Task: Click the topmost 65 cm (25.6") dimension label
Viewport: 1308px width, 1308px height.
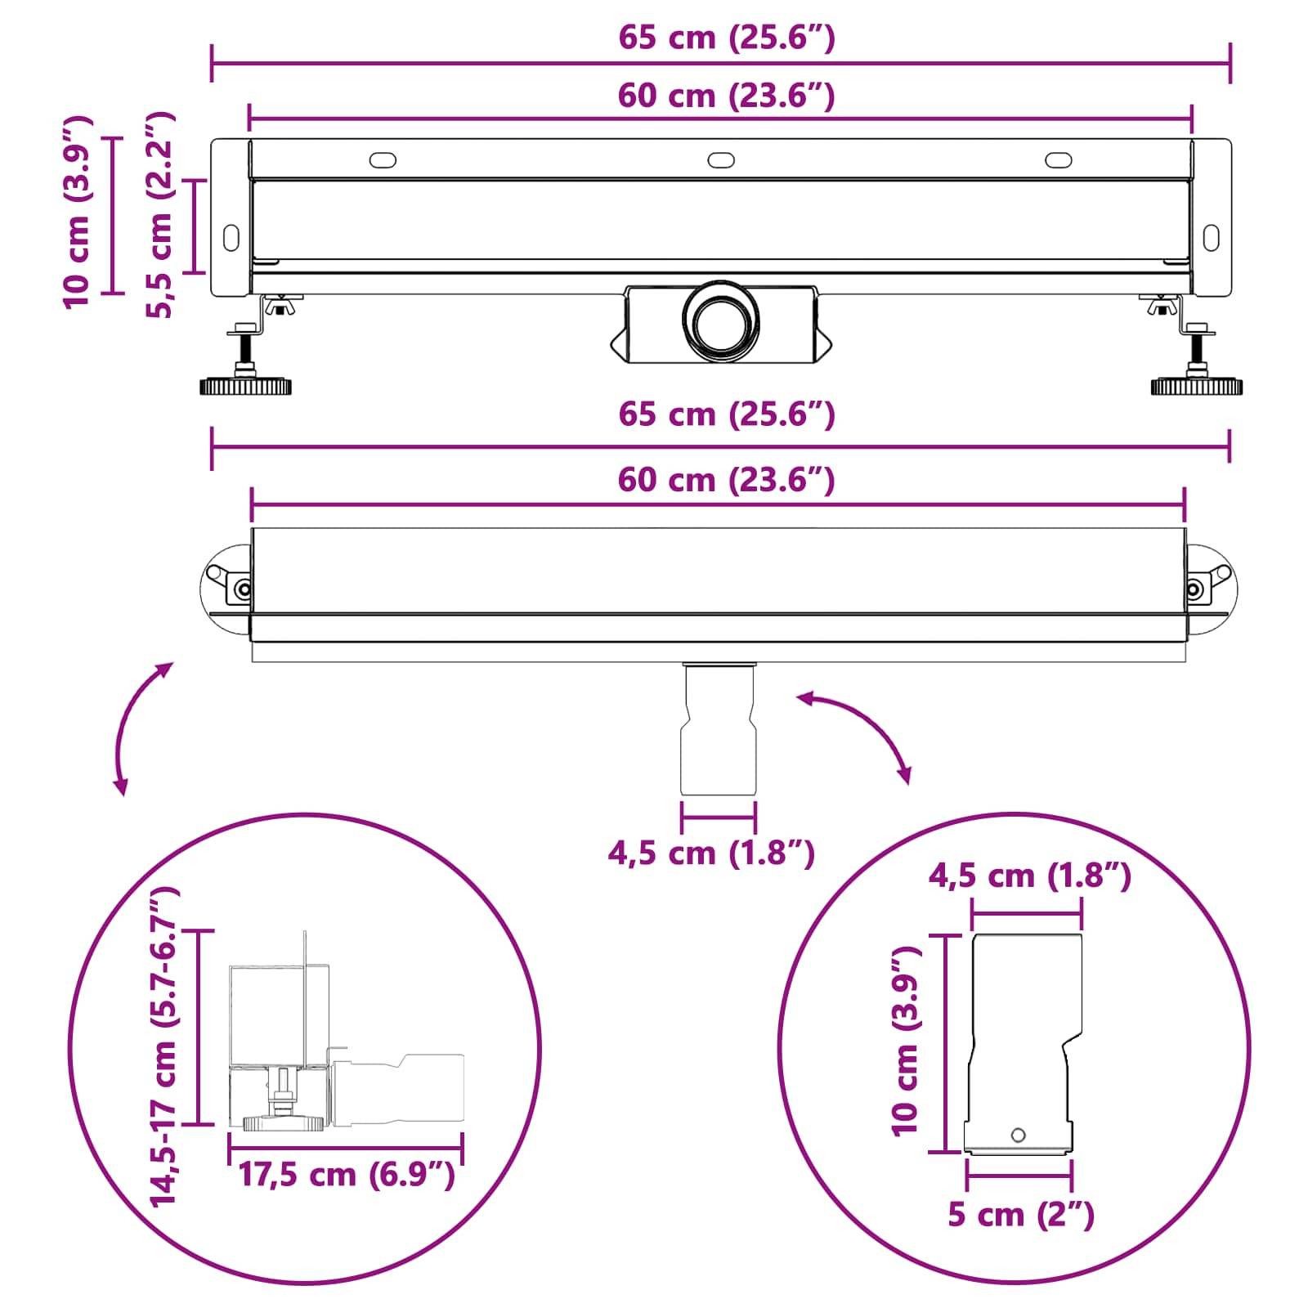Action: point(726,38)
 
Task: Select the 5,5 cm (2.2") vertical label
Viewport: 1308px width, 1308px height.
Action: point(159,215)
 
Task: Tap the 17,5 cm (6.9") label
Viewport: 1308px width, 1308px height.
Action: point(346,1175)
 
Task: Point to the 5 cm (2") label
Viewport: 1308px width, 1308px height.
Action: point(1020,1214)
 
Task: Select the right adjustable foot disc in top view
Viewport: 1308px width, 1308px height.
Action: point(1197,385)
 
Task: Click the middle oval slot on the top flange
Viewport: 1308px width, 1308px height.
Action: point(721,159)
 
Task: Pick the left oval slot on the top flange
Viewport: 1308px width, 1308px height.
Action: point(383,159)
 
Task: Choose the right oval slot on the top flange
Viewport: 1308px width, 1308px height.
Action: point(1059,159)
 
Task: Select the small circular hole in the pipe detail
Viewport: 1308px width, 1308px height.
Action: point(1018,1135)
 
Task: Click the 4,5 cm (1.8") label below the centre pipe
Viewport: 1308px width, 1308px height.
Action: point(710,853)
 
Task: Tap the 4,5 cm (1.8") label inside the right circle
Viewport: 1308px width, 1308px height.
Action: point(1028,876)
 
